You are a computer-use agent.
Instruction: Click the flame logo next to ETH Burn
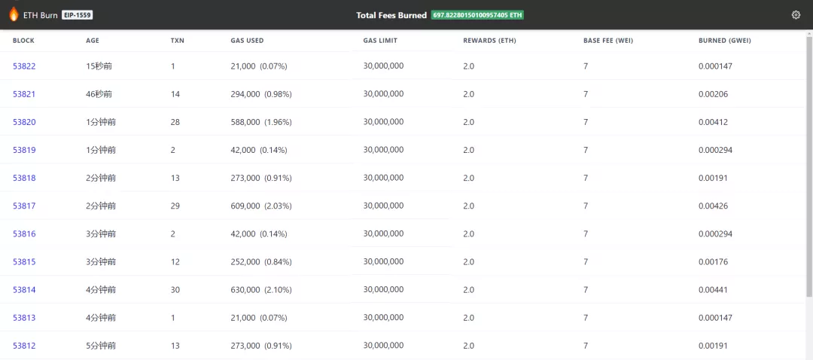click(14, 14)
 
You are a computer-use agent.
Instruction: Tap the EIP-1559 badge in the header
click(78, 15)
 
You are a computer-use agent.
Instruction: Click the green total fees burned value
click(477, 15)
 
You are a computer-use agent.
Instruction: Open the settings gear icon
click(796, 15)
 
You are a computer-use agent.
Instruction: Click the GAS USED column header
click(247, 41)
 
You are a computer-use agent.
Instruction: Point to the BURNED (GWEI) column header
click(725, 41)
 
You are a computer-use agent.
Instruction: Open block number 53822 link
click(24, 66)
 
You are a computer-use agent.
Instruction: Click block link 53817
click(24, 206)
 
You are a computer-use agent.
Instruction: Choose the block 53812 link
click(24, 346)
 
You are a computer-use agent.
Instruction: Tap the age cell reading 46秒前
click(99, 94)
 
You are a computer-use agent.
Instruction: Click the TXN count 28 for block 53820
click(175, 122)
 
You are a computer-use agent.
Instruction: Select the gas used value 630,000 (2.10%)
click(261, 290)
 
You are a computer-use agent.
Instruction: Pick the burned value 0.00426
click(714, 206)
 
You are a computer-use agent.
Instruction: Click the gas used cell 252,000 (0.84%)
click(261, 262)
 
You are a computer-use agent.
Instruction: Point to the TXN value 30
click(175, 290)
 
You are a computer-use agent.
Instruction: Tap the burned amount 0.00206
click(714, 94)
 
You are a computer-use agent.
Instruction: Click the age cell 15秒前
click(99, 66)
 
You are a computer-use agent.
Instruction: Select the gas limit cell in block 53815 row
click(383, 261)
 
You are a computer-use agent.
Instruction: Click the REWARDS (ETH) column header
click(489, 41)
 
